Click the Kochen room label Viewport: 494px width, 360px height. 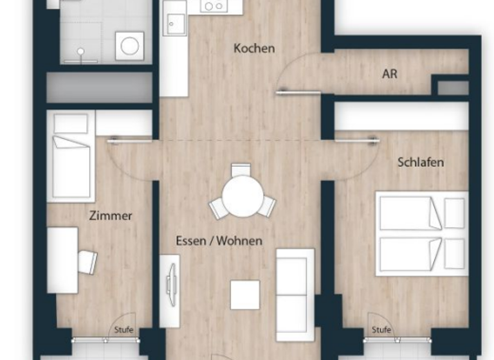[254, 48]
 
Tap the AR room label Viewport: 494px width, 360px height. [390, 74]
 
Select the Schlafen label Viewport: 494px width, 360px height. [421, 162]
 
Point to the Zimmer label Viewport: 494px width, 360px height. [111, 215]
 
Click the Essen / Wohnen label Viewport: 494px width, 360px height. [219, 241]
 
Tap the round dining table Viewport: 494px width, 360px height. [242, 195]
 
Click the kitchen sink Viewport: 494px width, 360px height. [174, 24]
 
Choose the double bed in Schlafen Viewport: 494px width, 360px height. [421, 233]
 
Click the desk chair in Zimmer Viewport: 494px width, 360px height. [87, 261]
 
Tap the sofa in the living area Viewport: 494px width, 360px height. [295, 294]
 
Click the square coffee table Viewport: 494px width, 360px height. [245, 294]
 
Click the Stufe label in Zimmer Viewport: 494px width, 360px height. [123, 330]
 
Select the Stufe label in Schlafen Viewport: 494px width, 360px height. [381, 330]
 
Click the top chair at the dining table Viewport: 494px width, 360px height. [241, 170]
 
